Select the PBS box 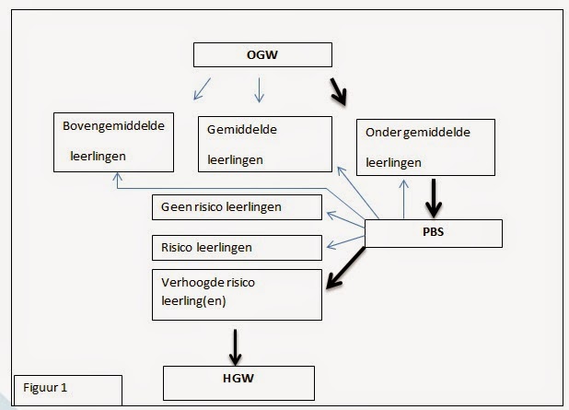pyautogui.click(x=434, y=233)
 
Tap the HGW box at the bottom pyautogui.click(x=238, y=379)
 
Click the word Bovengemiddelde pyautogui.click(x=113, y=125)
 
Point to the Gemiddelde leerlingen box pyautogui.click(x=264, y=144)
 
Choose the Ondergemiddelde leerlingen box pyautogui.click(x=424, y=147)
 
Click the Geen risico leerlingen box pyautogui.click(x=237, y=207)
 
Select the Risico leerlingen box pyautogui.click(x=237, y=248)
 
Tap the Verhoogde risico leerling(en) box pyautogui.click(x=237, y=294)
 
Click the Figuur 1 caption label pyautogui.click(x=67, y=388)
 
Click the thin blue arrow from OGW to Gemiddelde pyautogui.click(x=259, y=88)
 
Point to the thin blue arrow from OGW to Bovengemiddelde pyautogui.click(x=203, y=89)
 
